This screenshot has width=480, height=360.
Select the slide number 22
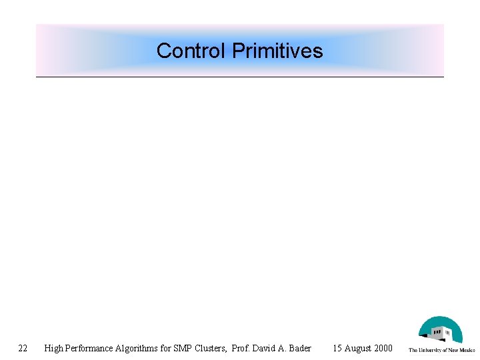pos(23,347)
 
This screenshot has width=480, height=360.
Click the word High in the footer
pos(53,347)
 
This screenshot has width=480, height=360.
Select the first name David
pos(265,347)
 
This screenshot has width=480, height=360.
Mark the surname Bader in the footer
pos(299,347)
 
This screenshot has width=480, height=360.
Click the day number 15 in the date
pos(337,347)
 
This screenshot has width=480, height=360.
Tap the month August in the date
pos(358,347)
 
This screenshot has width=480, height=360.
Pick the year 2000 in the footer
pos(383,347)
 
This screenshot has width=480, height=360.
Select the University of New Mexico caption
pos(441,349)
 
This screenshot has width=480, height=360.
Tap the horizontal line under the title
pos(240,77)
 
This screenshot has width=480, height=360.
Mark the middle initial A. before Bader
pos(283,347)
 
